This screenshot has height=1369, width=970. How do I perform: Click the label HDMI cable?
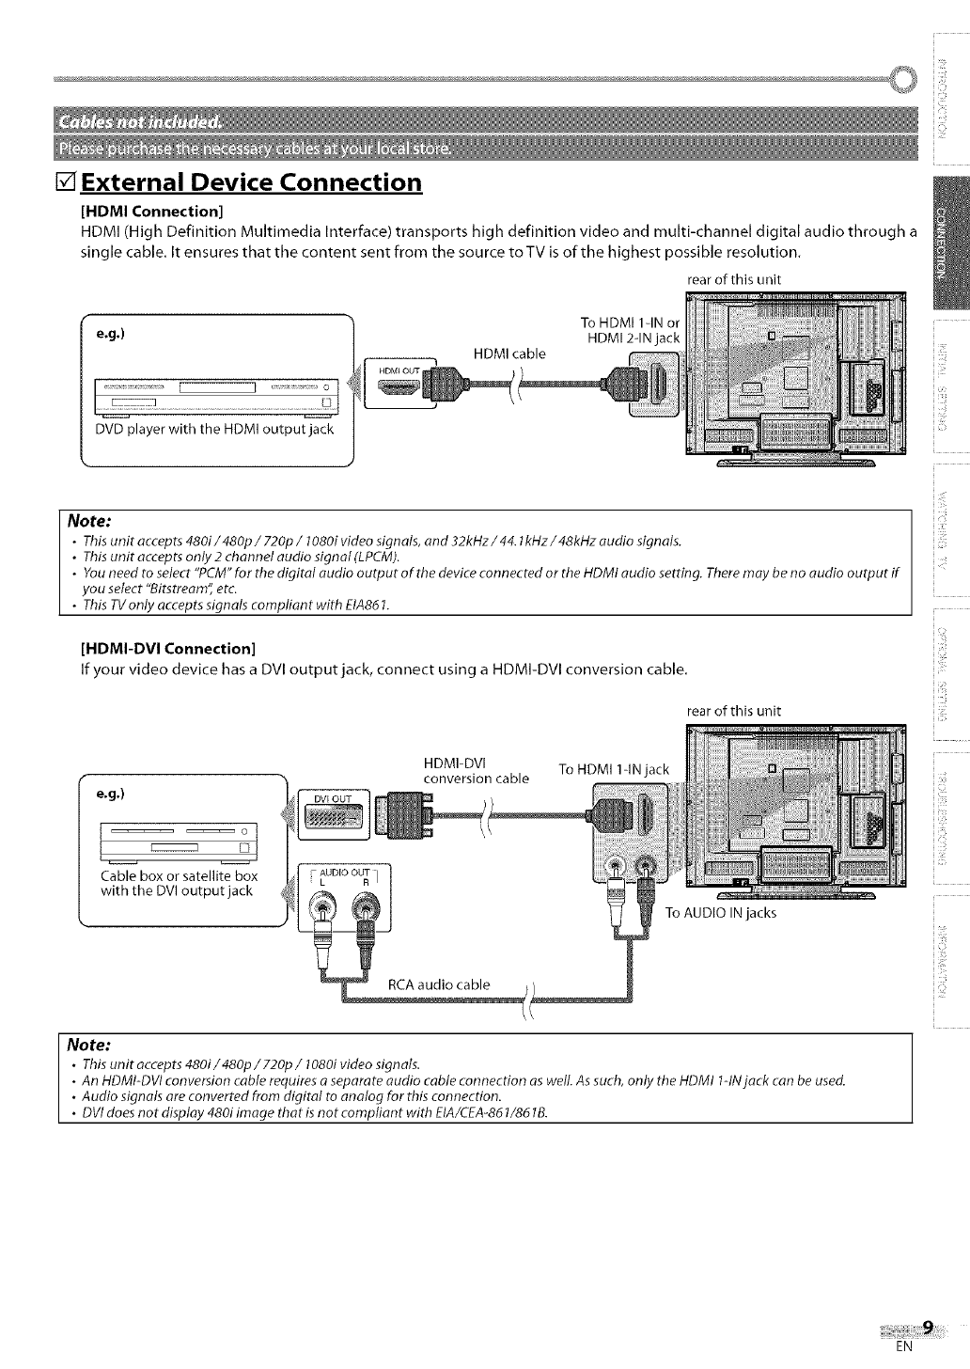click(508, 354)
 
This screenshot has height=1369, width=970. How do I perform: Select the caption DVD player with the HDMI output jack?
click(214, 429)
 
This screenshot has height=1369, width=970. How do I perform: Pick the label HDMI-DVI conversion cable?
click(476, 770)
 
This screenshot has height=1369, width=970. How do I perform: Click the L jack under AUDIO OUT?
click(321, 909)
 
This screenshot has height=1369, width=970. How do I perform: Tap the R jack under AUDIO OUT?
click(364, 909)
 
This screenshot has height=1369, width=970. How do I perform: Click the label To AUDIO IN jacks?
click(720, 912)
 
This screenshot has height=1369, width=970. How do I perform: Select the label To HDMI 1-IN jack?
click(613, 769)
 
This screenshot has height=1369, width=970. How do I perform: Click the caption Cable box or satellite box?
click(179, 875)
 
